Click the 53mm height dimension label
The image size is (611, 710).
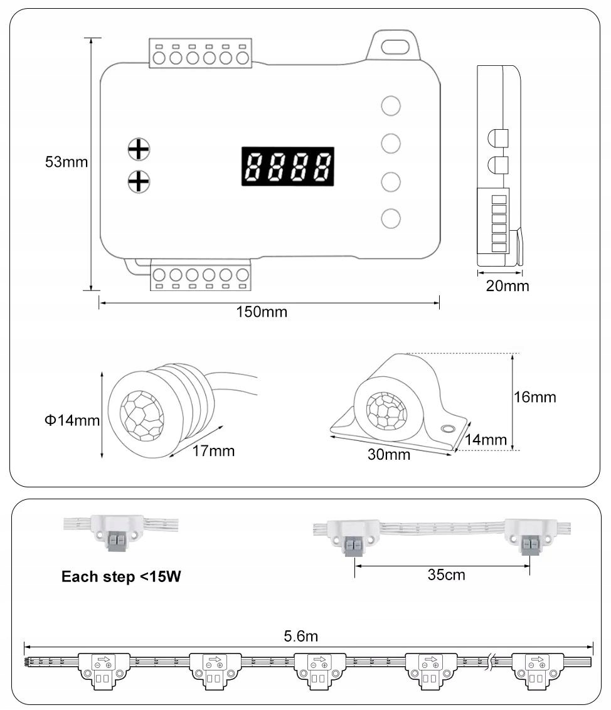(x=66, y=162)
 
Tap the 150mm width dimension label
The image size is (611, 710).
(x=262, y=312)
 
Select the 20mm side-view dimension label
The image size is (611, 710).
(x=507, y=286)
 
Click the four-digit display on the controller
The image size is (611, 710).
(x=288, y=166)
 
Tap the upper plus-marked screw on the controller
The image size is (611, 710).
(x=139, y=149)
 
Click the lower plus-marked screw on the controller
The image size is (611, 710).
(x=139, y=181)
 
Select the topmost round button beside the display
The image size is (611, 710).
(x=391, y=105)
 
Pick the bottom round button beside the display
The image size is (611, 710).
(x=391, y=218)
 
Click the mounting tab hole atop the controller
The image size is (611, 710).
(x=393, y=46)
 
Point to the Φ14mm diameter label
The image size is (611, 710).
(x=72, y=420)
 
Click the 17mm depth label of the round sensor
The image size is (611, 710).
(x=214, y=450)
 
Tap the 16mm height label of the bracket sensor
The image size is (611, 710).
(x=534, y=397)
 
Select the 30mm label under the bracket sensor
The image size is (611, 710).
(x=389, y=455)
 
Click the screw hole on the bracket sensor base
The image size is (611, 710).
(x=447, y=429)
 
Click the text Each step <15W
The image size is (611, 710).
(x=121, y=577)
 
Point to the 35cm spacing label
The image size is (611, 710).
(x=446, y=575)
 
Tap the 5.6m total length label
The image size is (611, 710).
(x=301, y=636)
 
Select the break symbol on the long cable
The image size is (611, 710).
(x=494, y=661)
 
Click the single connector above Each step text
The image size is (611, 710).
(x=117, y=531)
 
